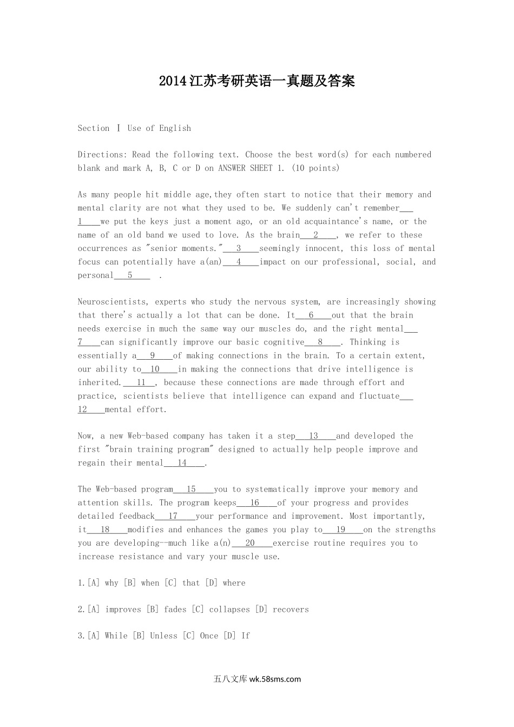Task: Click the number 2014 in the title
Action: (x=173, y=81)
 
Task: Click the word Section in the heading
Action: (x=94, y=128)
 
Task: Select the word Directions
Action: (x=102, y=155)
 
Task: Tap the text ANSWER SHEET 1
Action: (x=251, y=168)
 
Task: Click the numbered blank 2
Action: (x=316, y=235)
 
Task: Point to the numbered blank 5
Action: (x=130, y=275)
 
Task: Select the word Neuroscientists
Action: (x=112, y=302)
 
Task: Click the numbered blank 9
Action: (x=153, y=356)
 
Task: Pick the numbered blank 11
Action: (x=141, y=382)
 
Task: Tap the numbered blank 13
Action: (x=314, y=436)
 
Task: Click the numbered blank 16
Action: (x=255, y=503)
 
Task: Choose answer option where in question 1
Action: (x=234, y=583)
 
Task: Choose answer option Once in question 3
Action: (x=209, y=636)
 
